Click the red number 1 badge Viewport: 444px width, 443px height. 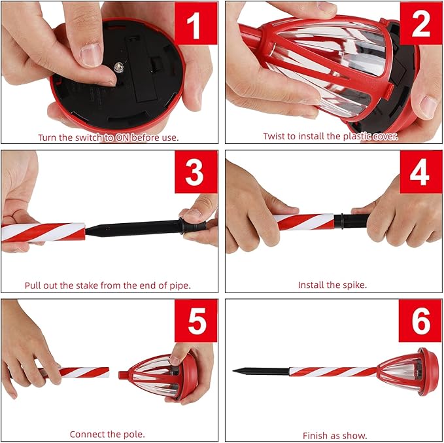pyautogui.click(x=196, y=24)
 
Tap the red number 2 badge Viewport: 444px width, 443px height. pyautogui.click(x=420, y=24)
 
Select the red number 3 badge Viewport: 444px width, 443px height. pyautogui.click(x=196, y=171)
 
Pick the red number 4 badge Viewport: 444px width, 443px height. pyautogui.click(x=420, y=171)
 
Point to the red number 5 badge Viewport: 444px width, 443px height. pyautogui.click(x=196, y=321)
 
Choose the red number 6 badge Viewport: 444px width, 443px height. pyautogui.click(x=420, y=321)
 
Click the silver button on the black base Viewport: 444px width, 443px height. pyautogui.click(x=118, y=67)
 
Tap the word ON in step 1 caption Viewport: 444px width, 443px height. pyautogui.click(x=122, y=138)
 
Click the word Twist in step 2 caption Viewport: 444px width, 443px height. pyautogui.click(x=274, y=136)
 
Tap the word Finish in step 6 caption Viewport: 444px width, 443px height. pyautogui.click(x=313, y=435)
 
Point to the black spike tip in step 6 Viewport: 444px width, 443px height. pyautogui.click(x=233, y=370)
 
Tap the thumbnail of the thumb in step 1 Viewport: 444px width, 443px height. pyautogui.click(x=91, y=55)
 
